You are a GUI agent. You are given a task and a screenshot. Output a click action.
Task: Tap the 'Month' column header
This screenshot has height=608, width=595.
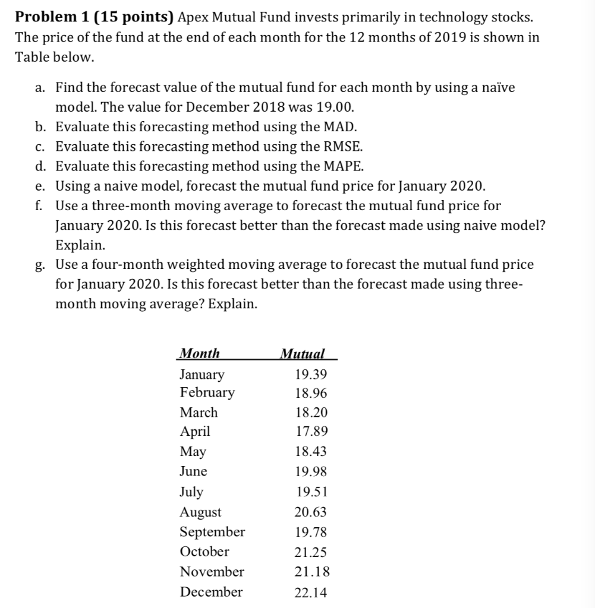200,354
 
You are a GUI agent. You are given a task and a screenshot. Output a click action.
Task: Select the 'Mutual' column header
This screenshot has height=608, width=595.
303,354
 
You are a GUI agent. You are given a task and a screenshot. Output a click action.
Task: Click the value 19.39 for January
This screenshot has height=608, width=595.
311,374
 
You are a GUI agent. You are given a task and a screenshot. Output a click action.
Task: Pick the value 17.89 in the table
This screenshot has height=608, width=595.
311,431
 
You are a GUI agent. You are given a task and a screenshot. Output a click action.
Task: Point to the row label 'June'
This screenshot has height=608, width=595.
194,471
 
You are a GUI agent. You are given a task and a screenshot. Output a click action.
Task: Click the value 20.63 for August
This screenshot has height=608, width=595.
311,512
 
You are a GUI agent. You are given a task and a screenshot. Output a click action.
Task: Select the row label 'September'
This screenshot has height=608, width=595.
212,531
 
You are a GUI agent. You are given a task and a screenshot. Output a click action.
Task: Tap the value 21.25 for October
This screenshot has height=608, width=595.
311,552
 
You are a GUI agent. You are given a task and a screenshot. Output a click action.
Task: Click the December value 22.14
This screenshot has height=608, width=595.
311,593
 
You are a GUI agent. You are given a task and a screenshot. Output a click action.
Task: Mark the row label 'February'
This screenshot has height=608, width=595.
207,392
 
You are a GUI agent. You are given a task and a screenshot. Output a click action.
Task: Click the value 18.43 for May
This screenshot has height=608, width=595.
311,451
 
